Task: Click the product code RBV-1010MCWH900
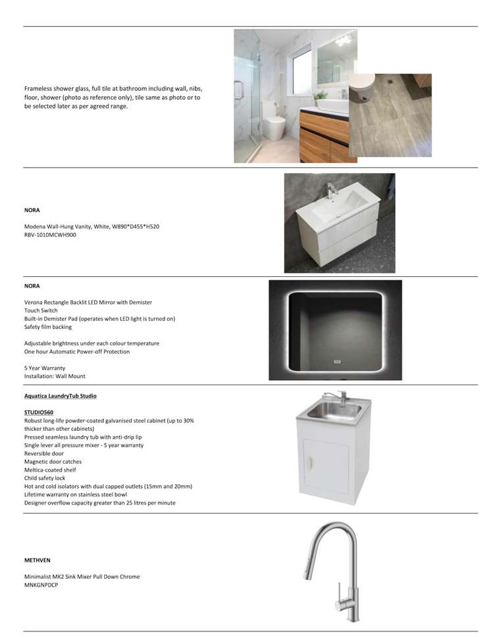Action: [50, 235]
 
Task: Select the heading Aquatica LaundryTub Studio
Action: [60, 396]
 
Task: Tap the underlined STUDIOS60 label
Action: [39, 412]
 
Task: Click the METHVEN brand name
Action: [37, 560]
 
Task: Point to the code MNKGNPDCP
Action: [41, 585]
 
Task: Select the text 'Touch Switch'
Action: [41, 310]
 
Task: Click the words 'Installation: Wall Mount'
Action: [55, 376]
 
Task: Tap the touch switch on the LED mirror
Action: [335, 361]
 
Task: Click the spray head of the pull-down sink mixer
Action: [308, 570]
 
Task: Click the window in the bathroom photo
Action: [301, 70]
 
